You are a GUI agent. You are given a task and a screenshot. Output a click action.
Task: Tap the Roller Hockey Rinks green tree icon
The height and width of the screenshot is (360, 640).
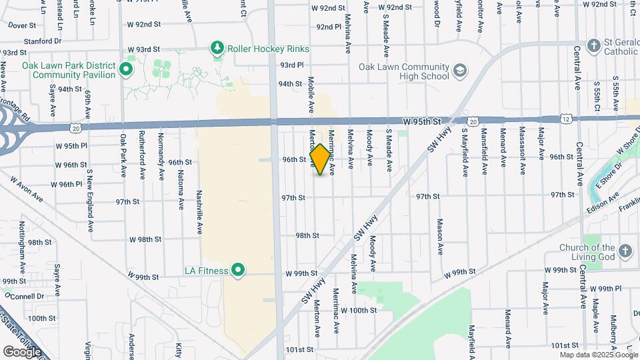[216, 48]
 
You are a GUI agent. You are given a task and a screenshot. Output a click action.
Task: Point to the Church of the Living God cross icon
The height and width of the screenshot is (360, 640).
[624, 251]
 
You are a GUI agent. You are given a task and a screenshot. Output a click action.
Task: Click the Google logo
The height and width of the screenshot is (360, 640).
[22, 351]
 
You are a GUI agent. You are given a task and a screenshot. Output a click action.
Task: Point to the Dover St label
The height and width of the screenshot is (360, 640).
[22, 25]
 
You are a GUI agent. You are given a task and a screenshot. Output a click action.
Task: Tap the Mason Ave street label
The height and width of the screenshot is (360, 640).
[440, 237]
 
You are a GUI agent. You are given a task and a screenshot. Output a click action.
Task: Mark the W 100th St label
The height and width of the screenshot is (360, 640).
[358, 310]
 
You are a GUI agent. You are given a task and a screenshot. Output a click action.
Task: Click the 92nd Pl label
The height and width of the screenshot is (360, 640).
[329, 27]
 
